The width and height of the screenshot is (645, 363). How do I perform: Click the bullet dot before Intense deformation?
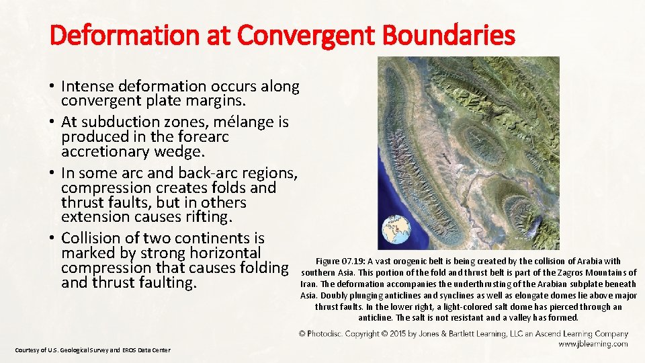(x=51, y=86)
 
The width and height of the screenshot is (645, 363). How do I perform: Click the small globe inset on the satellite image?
(x=396, y=230)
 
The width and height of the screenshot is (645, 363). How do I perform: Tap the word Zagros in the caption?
(x=566, y=272)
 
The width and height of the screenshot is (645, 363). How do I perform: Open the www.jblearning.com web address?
(x=593, y=344)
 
